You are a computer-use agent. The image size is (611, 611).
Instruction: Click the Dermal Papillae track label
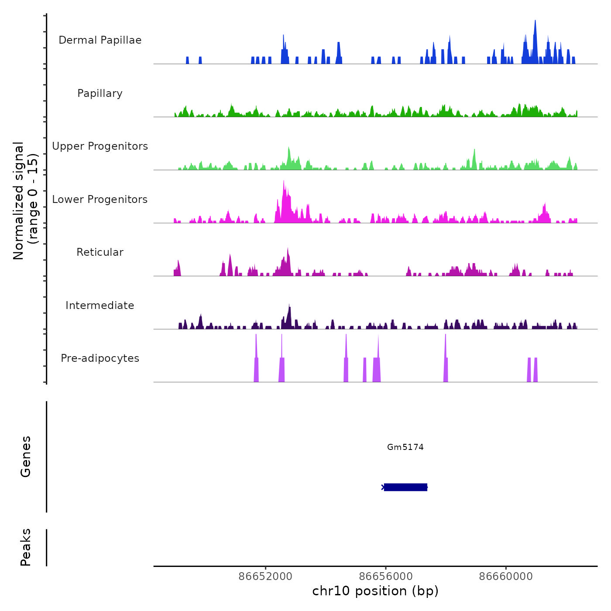pos(100,40)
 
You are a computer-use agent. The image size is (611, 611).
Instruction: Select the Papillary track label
pos(100,93)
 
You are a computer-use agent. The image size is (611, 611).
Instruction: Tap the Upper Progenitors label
pos(100,146)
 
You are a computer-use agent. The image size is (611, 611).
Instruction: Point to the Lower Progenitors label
pos(100,199)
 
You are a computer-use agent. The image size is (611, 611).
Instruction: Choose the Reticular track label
pos(100,252)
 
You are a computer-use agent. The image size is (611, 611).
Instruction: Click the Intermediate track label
pos(100,305)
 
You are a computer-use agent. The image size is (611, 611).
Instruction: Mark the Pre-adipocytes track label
pos(100,358)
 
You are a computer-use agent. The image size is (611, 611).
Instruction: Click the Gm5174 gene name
pos(405,447)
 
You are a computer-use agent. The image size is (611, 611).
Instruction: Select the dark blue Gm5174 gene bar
pos(405,487)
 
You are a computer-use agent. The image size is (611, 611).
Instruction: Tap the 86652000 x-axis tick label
pos(265,577)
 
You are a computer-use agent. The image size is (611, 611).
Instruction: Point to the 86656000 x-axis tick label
pos(386,577)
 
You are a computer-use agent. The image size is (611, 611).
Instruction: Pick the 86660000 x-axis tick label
pos(506,577)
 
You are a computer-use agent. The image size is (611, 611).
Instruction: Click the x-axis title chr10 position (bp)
pos(375,591)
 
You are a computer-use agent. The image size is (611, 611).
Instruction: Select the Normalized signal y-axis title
pos(25,200)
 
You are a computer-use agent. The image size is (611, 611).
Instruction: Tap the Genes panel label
pos(25,457)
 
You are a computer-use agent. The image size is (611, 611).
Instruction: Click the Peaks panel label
pos(25,547)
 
